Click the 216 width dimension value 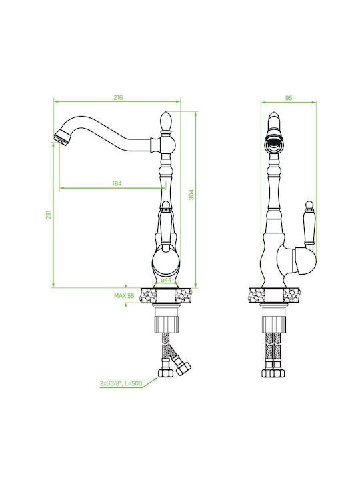118,97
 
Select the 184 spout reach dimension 117,183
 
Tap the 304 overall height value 191,195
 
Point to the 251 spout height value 49,214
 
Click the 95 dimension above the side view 289,98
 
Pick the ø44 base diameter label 165,280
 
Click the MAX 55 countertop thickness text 124,296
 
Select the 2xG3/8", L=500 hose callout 121,383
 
